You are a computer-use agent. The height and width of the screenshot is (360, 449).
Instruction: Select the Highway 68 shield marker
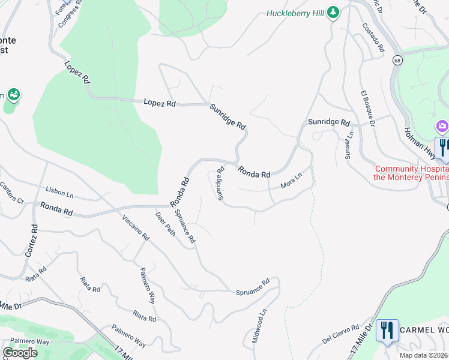click(x=397, y=60)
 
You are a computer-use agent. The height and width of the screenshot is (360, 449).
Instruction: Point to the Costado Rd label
click(x=373, y=38)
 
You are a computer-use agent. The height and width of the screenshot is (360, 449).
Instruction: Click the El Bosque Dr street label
click(x=367, y=109)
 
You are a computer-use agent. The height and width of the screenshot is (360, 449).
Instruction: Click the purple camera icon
click(x=442, y=126)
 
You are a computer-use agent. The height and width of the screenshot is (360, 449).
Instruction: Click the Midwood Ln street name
click(x=256, y=326)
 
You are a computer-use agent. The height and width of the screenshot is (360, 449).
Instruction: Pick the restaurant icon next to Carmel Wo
click(x=387, y=329)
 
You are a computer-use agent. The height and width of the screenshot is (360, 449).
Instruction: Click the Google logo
click(x=20, y=353)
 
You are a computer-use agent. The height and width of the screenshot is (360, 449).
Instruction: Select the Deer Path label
click(x=166, y=223)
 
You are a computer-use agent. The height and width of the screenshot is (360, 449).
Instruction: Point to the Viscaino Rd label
click(x=136, y=227)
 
